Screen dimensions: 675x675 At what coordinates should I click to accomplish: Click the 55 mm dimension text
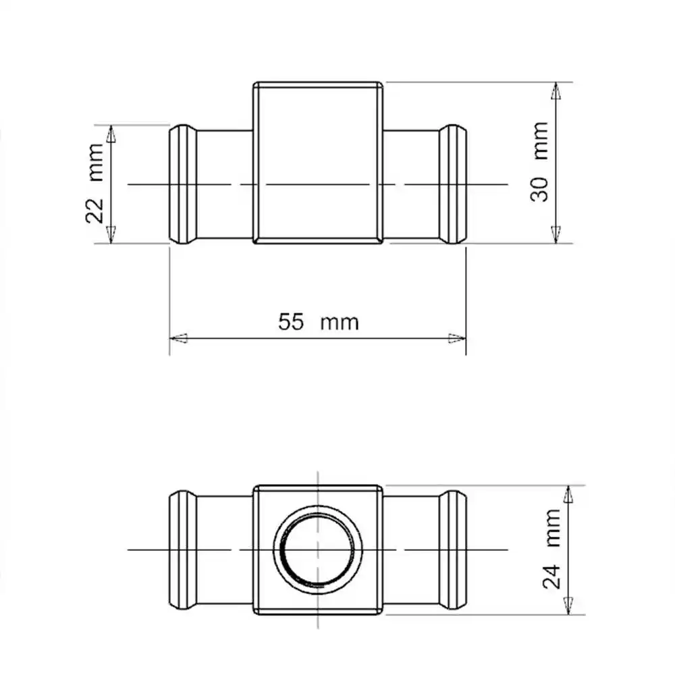tap(318, 321)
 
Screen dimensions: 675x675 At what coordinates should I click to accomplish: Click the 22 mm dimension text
tap(95, 184)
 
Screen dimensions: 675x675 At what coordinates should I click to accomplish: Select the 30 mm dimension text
tap(539, 162)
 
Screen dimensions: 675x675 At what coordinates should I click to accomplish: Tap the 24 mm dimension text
tap(552, 549)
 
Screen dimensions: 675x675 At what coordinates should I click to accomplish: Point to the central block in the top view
tap(318, 163)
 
